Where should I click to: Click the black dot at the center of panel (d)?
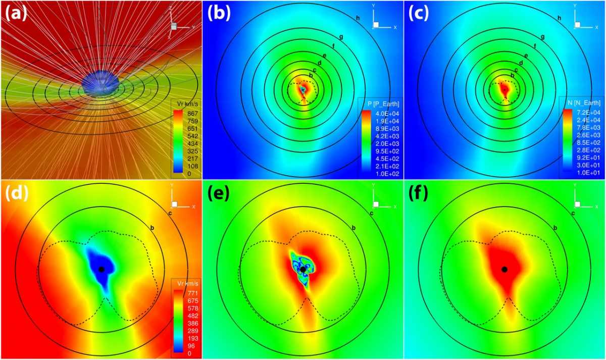pyautogui.click(x=102, y=269)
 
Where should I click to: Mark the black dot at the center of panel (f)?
pyautogui.click(x=504, y=269)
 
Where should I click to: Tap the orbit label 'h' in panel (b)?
pyautogui.click(x=358, y=19)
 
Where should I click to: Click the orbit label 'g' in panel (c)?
pyautogui.click(x=542, y=37)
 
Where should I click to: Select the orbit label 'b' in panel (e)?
pyautogui.click(x=353, y=228)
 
